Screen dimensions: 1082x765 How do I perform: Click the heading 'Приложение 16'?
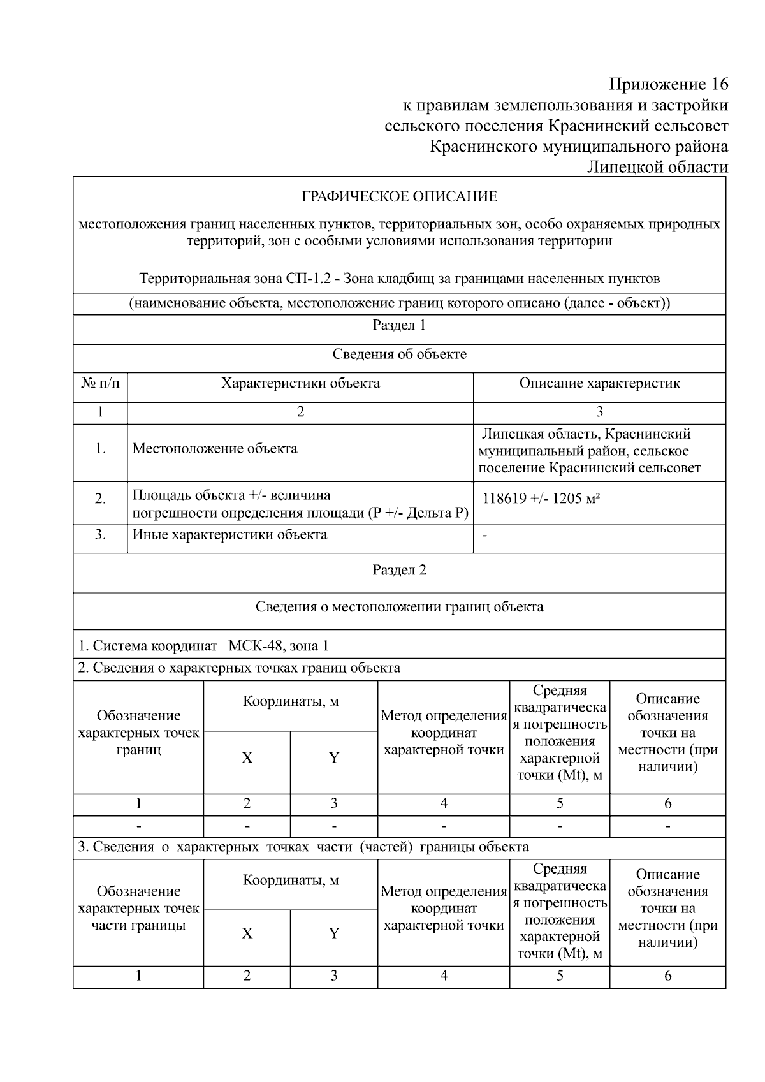[668, 84]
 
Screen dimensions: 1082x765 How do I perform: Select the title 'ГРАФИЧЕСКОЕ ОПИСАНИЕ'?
[399, 196]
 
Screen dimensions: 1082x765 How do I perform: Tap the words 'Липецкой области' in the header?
[657, 167]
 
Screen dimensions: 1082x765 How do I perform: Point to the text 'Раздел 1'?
[399, 325]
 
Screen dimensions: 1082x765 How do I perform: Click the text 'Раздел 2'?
[399, 570]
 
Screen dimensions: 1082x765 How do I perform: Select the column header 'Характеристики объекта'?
[300, 383]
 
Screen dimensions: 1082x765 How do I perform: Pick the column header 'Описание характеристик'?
[599, 383]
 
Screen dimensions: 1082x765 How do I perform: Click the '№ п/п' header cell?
[100, 383]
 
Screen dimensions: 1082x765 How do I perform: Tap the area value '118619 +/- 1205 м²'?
[541, 499]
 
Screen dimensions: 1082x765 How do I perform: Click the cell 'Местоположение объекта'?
[215, 448]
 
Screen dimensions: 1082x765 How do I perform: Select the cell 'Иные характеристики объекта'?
[229, 534]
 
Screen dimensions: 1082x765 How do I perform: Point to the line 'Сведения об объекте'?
[399, 354]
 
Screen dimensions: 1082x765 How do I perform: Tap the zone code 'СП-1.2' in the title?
[308, 279]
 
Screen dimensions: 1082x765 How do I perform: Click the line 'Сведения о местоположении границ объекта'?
[399, 606]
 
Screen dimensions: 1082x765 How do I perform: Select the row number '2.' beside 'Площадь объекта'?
[100, 499]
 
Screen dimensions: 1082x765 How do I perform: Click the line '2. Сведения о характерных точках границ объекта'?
[239, 668]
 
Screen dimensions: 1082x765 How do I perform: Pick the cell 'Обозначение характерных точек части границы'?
[138, 908]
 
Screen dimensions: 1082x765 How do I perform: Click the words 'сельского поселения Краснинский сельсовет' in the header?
[556, 126]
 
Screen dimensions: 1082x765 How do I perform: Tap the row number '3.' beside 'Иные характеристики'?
[100, 534]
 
